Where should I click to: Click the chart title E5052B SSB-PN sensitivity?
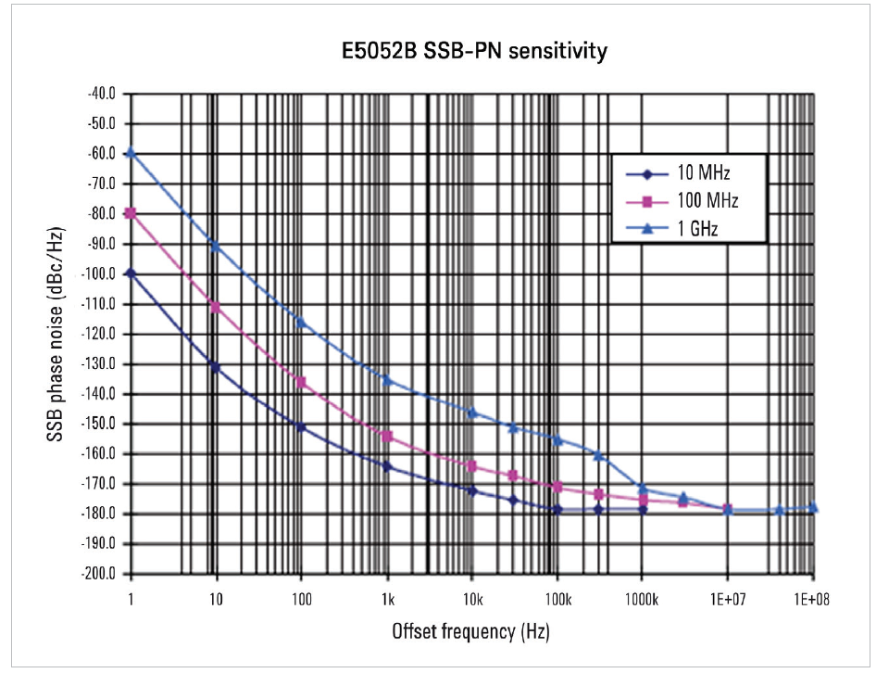(x=472, y=51)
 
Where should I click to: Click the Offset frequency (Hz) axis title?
(x=472, y=632)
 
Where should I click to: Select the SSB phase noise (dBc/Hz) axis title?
(x=57, y=334)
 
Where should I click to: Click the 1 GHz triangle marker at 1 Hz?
(x=131, y=153)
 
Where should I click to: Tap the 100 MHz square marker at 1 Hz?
(x=131, y=213)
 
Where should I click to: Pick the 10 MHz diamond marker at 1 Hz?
(x=131, y=273)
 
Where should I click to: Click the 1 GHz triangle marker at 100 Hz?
(x=301, y=322)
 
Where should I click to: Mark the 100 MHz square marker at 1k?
(x=387, y=436)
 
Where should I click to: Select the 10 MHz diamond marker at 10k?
(x=472, y=490)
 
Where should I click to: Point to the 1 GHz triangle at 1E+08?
(x=813, y=507)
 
